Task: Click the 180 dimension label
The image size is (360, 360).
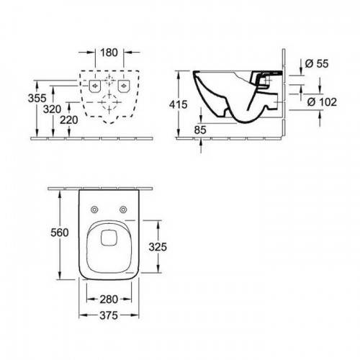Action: tap(109, 53)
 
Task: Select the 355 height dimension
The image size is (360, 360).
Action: tap(37, 98)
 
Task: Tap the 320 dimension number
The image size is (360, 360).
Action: tap(52, 109)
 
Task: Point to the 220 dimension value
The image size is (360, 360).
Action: tap(69, 120)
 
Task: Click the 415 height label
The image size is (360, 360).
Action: tap(178, 104)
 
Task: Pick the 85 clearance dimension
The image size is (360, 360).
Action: tap(200, 130)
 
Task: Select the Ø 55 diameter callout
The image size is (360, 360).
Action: tap(317, 63)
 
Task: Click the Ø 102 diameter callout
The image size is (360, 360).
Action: tap(322, 102)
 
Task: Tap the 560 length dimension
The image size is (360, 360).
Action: tap(60, 233)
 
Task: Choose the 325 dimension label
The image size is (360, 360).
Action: tap(158, 247)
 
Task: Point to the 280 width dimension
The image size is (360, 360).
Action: tap(109, 300)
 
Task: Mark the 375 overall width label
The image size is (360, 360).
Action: tap(109, 315)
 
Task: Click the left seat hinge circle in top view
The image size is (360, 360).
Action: tap(94, 210)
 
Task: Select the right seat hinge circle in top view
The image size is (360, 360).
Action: tap(123, 210)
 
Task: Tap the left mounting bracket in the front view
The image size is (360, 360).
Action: tap(94, 86)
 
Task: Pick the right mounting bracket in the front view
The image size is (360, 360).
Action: tap(124, 86)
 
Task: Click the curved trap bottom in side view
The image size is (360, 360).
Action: tap(246, 122)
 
